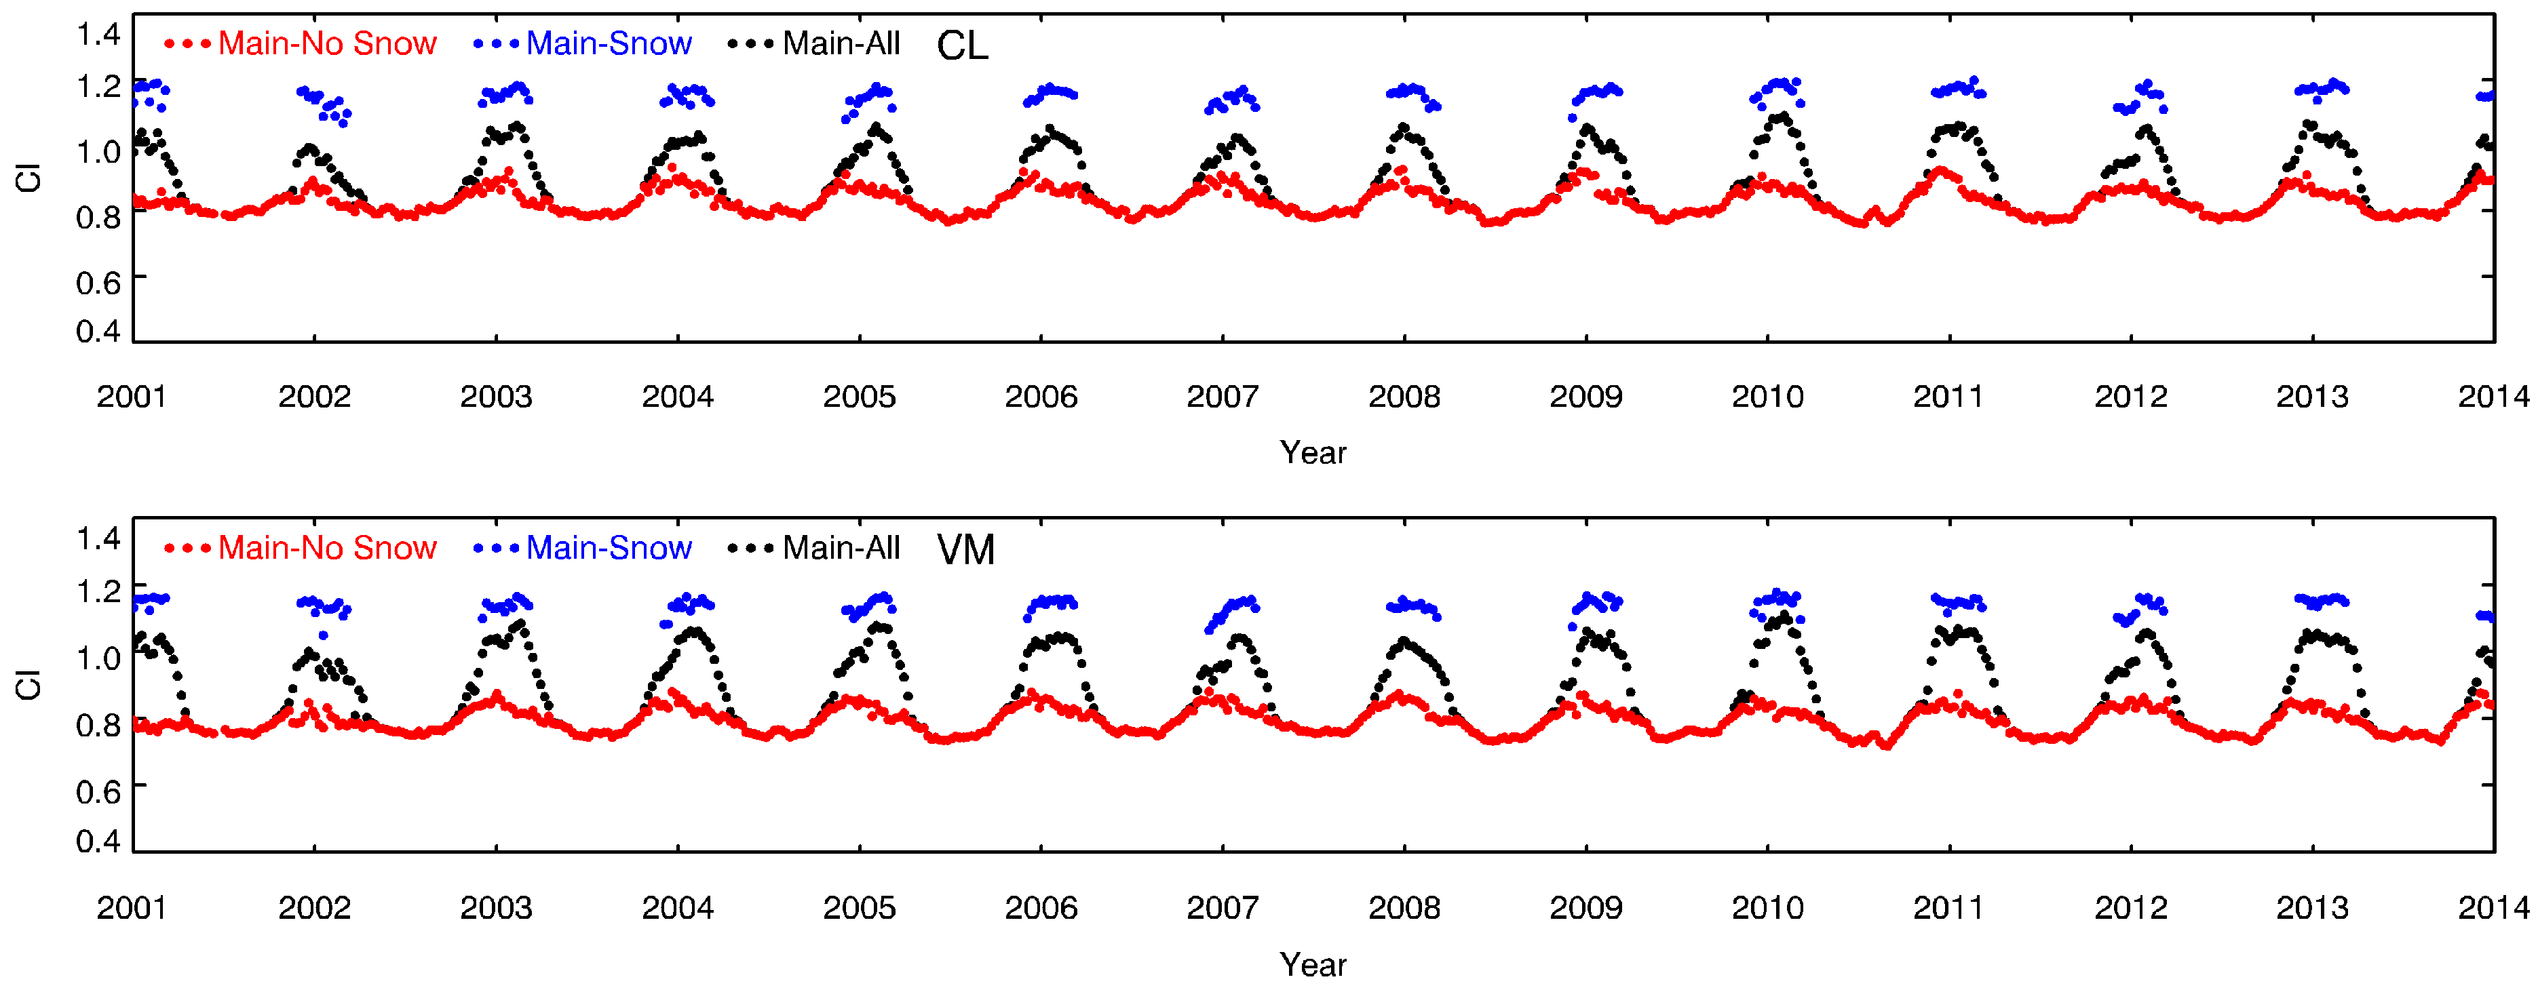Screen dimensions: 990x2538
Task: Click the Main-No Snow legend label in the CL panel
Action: [x=326, y=43]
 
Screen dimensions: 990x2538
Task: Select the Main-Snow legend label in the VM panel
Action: [x=608, y=548]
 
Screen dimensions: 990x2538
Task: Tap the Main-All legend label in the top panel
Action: [x=841, y=43]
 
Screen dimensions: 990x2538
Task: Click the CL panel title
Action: [x=961, y=45]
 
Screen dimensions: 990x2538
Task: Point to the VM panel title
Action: [x=965, y=550]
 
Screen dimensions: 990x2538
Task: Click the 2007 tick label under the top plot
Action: [x=1222, y=397]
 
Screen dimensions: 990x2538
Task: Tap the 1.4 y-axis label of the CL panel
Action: [x=98, y=35]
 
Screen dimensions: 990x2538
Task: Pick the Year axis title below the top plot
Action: [x=1312, y=453]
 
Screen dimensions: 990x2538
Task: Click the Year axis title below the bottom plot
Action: [x=1312, y=964]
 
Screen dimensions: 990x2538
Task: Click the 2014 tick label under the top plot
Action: [x=2493, y=397]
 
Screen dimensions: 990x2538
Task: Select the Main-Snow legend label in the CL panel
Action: [x=608, y=43]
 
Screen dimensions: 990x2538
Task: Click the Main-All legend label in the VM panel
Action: [x=841, y=548]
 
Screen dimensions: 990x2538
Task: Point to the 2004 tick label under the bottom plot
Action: [x=677, y=907]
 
